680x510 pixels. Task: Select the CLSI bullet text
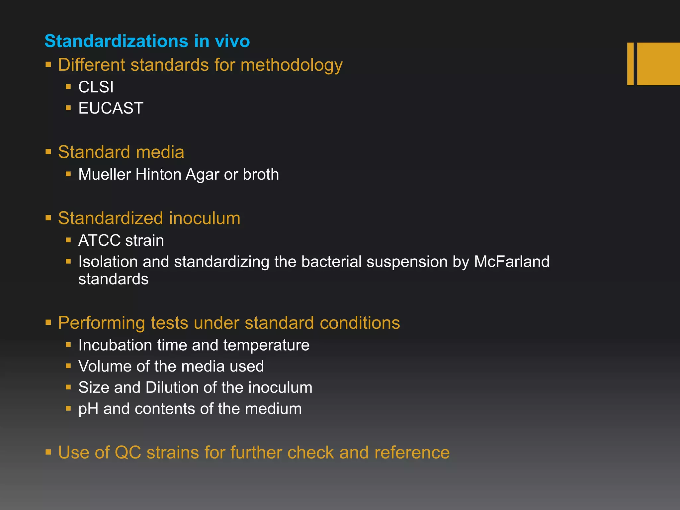tap(96, 87)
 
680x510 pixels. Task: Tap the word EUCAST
tap(111, 108)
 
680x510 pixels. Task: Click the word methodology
tap(291, 65)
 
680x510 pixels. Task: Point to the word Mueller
tap(105, 174)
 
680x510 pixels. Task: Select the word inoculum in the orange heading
tap(204, 218)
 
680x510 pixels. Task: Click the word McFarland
tap(511, 262)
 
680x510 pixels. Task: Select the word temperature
tap(266, 345)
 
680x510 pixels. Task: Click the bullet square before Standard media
tap(48, 152)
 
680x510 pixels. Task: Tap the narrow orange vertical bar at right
tap(630, 64)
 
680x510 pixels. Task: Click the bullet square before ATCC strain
tap(68, 240)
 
